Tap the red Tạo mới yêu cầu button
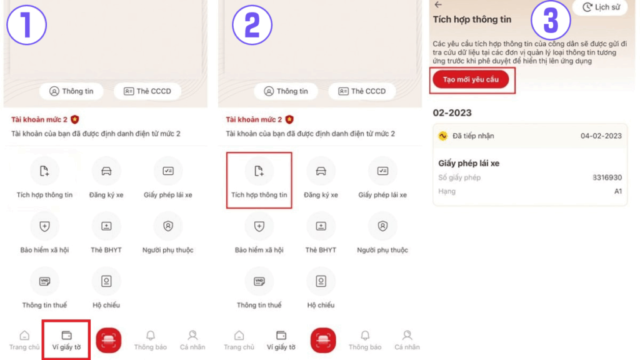(471, 79)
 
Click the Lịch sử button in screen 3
(601, 7)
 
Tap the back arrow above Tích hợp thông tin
(438, 4)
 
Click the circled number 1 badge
(26, 25)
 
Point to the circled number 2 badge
(252, 25)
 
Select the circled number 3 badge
(551, 21)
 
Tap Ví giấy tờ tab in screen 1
(66, 340)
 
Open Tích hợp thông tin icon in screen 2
(259, 171)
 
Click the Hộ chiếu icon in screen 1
(106, 281)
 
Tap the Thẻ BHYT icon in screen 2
(321, 226)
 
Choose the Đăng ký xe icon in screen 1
(106, 171)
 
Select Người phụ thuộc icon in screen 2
(382, 226)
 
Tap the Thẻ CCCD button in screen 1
(147, 91)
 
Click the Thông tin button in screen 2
(286, 91)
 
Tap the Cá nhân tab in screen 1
(192, 340)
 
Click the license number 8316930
(607, 177)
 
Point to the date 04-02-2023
(601, 136)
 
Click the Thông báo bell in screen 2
(365, 336)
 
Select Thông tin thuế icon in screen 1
(44, 281)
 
